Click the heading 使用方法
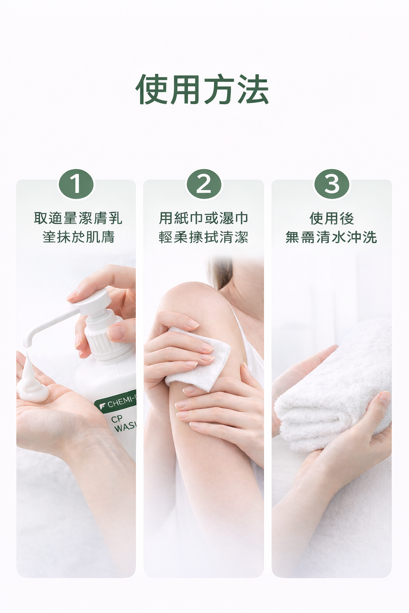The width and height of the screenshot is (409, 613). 202,89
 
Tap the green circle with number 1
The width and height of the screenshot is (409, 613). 76,184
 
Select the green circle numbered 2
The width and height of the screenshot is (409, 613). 204,184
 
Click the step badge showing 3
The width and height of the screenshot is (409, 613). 332,184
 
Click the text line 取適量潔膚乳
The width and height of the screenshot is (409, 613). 78,218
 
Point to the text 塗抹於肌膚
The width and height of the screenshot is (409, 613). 78,237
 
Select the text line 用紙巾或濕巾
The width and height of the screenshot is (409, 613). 204,218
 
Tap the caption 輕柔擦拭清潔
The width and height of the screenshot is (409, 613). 204,237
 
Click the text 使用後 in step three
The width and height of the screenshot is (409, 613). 332,218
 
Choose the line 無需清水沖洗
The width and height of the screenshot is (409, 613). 332,237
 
